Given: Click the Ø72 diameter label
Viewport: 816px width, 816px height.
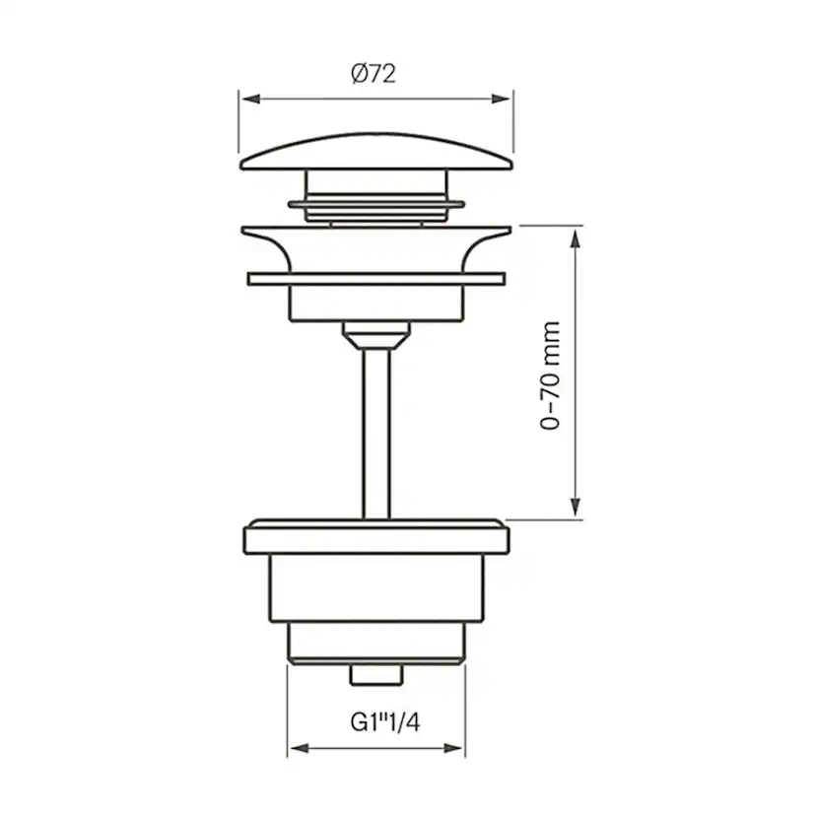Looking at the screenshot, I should coord(373,73).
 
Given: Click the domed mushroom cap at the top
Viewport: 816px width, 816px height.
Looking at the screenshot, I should coord(375,153).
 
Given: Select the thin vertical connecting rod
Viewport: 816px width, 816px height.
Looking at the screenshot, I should coord(375,434).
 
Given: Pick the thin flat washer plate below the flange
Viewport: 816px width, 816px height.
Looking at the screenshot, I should coord(375,279).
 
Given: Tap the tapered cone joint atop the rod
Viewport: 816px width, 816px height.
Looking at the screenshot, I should coord(375,335).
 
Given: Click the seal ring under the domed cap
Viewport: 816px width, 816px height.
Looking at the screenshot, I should coord(375,205).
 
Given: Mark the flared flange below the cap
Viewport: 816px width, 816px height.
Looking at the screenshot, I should coord(375,237).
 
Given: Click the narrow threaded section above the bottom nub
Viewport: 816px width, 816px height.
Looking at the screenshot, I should coord(375,646).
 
